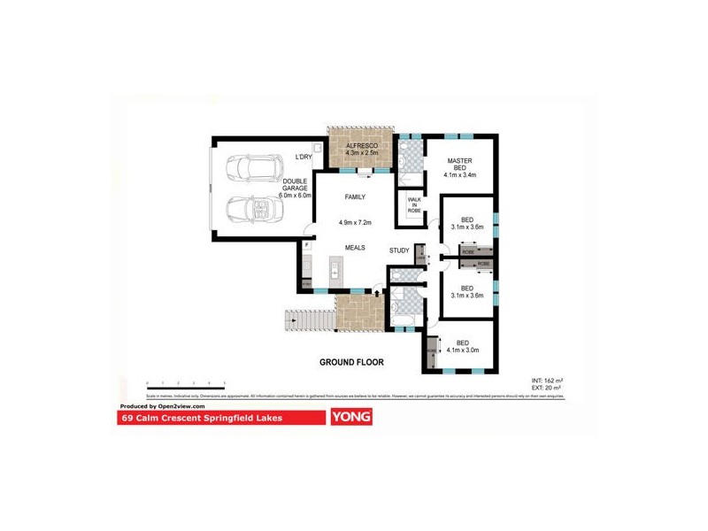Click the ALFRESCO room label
361,144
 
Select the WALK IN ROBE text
414,206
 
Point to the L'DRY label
303,158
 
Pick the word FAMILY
355,198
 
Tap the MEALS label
355,249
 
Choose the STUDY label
399,250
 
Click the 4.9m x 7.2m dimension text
355,223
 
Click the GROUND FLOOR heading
350,362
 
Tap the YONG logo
350,417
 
